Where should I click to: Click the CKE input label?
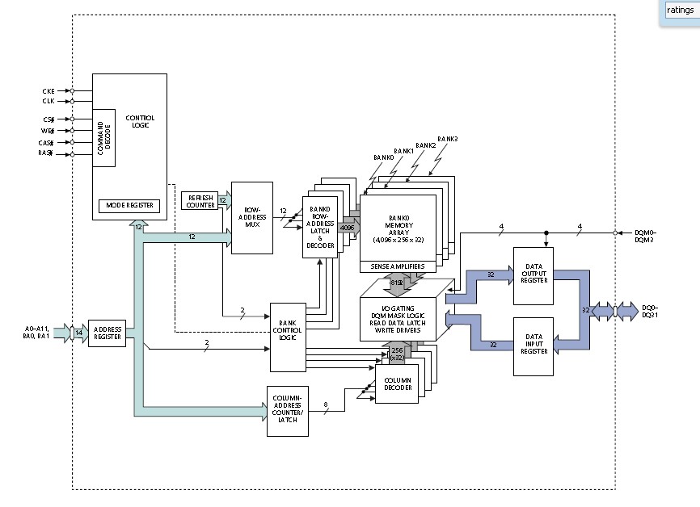[48, 90]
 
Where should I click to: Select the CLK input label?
[48, 101]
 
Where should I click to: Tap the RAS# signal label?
[46, 153]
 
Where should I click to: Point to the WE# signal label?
[47, 130]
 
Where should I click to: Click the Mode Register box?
[129, 206]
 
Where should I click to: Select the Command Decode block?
[103, 137]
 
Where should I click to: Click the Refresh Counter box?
[201, 200]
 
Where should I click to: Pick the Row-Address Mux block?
[251, 218]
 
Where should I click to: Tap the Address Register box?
[107, 332]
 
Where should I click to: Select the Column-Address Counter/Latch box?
[287, 411]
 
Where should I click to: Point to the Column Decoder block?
[398, 383]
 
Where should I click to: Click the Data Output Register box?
[533, 275]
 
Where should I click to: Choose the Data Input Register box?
[533, 346]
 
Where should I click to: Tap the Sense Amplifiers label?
[398, 266]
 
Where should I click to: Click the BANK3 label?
[448, 139]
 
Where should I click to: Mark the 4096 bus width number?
[347, 228]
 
